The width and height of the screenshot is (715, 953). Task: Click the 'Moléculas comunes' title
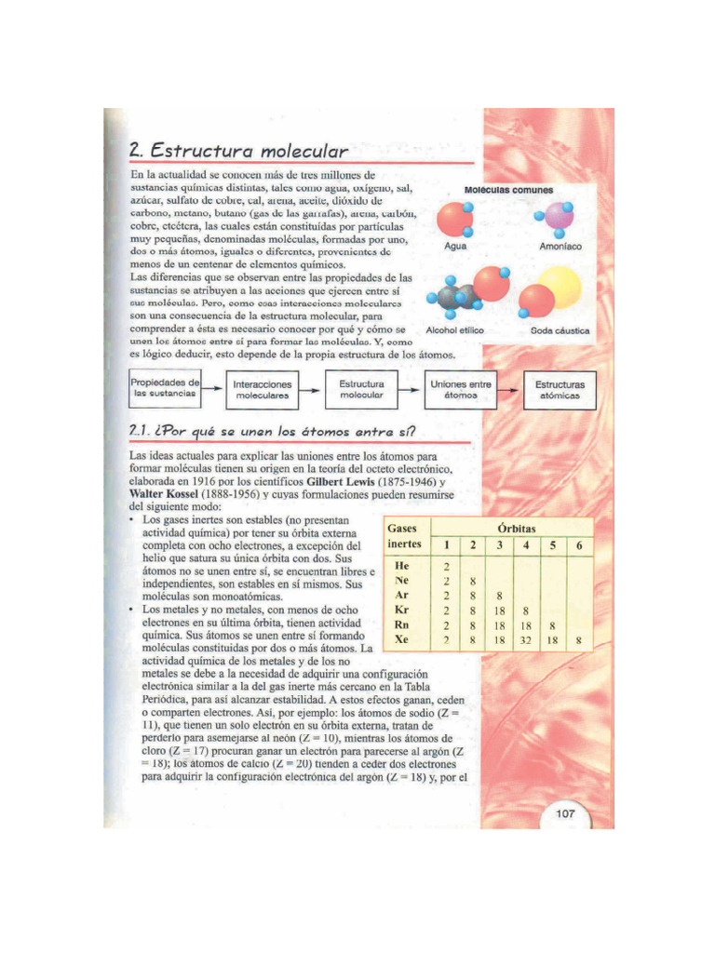(x=508, y=190)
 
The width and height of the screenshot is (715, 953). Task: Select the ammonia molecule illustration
(x=559, y=220)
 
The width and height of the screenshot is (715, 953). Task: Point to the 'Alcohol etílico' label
(x=455, y=330)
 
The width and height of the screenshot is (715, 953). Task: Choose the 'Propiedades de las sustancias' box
(x=165, y=389)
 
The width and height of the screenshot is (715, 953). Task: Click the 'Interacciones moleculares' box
(x=263, y=390)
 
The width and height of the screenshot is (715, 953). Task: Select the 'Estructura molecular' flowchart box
(x=361, y=389)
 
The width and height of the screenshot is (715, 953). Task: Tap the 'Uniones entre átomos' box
(x=460, y=389)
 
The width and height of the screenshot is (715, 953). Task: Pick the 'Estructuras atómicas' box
(x=560, y=389)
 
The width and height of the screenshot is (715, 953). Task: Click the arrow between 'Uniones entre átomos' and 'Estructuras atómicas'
(x=510, y=389)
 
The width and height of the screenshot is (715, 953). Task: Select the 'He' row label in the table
(x=402, y=566)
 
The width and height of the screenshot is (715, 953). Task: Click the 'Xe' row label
(x=402, y=641)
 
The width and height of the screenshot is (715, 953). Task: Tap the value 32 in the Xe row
(x=526, y=641)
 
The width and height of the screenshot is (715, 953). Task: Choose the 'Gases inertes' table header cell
(x=403, y=535)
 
